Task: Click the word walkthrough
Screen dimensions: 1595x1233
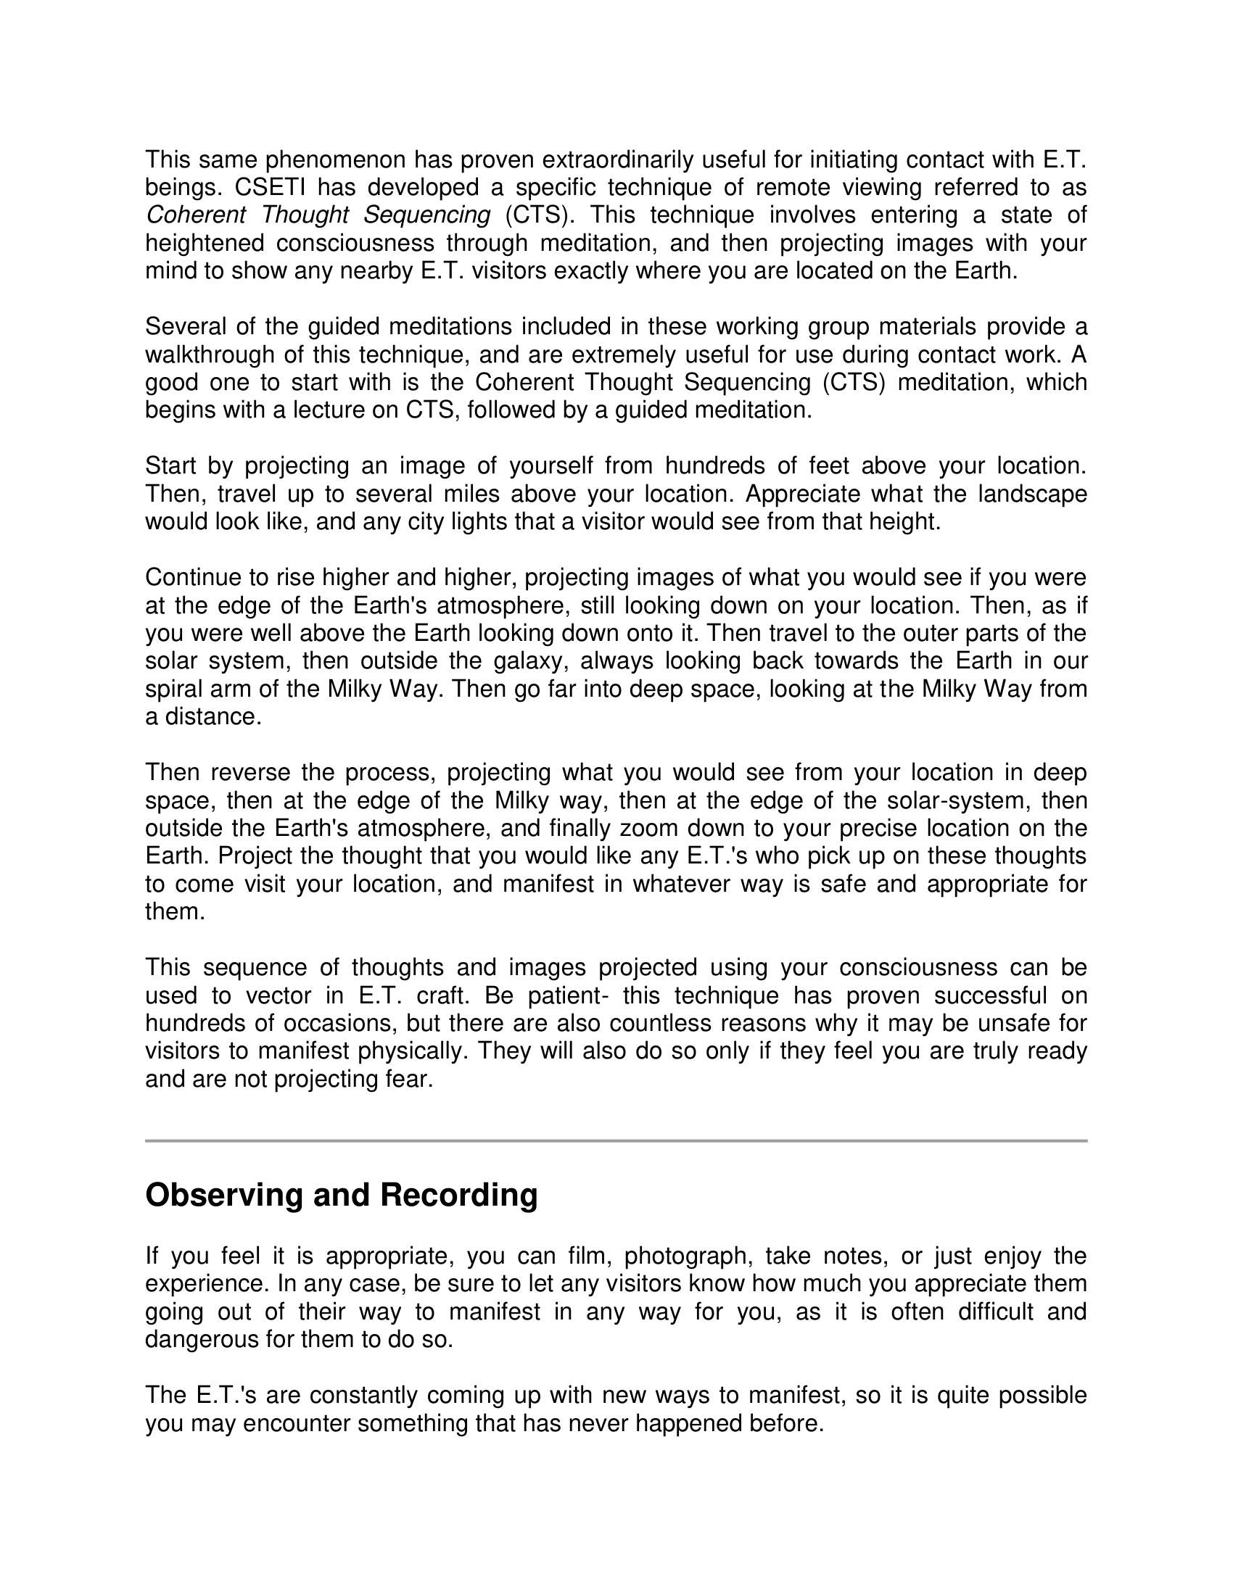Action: pos(208,355)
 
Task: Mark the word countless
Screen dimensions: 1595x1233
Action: pos(659,1023)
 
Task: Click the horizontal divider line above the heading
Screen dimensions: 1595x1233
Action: pos(616,1140)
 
